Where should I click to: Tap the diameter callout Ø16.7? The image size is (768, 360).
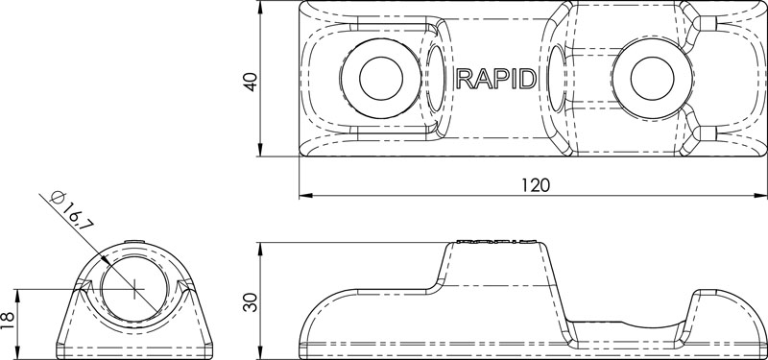click(69, 210)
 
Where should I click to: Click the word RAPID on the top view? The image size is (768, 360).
click(497, 79)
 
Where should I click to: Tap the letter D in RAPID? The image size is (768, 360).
click(529, 79)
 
